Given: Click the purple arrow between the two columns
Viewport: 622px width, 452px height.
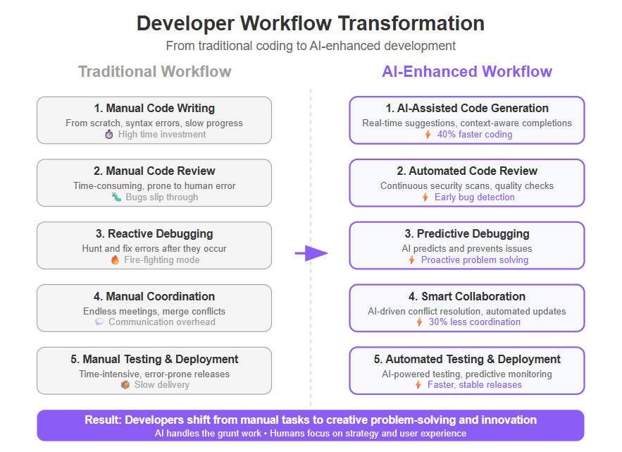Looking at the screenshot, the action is (x=312, y=253).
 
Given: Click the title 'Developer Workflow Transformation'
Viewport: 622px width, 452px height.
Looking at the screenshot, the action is (x=311, y=23).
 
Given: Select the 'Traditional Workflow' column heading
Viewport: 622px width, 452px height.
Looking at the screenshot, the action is (x=155, y=71).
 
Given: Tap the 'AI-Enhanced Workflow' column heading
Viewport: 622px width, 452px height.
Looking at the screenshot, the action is (x=467, y=71).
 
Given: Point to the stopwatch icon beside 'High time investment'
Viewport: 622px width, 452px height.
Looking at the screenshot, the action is (x=109, y=134).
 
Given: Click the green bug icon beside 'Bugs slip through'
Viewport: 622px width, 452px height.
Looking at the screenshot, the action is (x=116, y=197).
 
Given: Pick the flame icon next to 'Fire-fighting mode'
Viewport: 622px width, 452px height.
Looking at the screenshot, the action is (x=115, y=259).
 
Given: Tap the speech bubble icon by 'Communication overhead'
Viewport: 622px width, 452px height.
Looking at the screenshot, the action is (x=99, y=322).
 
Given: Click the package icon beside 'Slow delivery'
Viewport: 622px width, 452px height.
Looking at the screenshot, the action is (x=125, y=384).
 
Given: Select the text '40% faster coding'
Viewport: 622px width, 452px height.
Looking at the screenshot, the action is (x=475, y=134).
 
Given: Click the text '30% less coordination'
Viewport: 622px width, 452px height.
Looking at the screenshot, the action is (x=475, y=322).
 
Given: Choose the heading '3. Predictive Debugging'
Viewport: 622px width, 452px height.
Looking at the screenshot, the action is (x=467, y=233).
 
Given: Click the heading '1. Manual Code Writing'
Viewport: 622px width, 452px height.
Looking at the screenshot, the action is (x=154, y=108).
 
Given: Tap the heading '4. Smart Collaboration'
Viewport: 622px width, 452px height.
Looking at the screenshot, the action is (x=467, y=296).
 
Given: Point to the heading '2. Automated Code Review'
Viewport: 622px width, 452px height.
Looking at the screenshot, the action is (x=467, y=171).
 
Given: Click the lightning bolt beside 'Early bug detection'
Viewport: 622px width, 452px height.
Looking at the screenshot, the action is (x=425, y=197).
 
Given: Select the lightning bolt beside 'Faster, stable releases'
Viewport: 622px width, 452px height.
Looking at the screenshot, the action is (x=418, y=384).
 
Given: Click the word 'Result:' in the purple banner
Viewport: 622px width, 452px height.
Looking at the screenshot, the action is (x=103, y=420).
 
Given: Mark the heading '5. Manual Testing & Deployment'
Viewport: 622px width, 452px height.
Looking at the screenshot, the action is (x=154, y=359).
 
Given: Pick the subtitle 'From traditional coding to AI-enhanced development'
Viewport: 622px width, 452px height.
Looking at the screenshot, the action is (x=311, y=46).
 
